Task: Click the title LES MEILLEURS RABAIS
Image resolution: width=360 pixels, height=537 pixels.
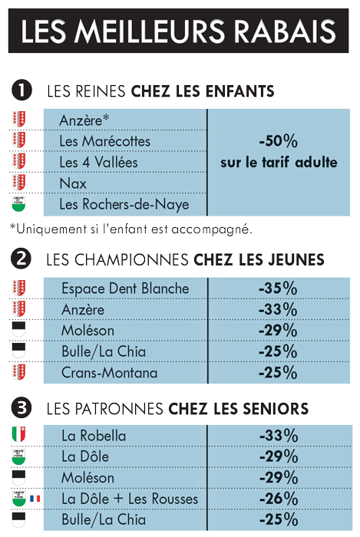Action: click(x=178, y=31)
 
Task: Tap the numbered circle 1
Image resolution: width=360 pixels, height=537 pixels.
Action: click(x=21, y=91)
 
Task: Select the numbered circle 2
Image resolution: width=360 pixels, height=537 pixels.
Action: click(x=21, y=259)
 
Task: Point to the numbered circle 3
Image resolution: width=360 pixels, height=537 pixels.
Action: click(x=21, y=408)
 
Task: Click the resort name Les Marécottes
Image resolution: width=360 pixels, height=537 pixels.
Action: click(x=105, y=141)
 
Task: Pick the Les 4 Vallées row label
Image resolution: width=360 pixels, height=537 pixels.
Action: click(x=98, y=162)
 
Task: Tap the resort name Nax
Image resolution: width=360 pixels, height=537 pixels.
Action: click(x=73, y=183)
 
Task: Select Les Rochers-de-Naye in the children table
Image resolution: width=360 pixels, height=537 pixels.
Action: click(x=124, y=205)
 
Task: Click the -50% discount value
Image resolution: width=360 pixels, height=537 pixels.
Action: click(x=278, y=140)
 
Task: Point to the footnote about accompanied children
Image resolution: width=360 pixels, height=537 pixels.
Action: click(x=131, y=229)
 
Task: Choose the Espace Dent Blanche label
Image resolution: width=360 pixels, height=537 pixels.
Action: click(x=125, y=288)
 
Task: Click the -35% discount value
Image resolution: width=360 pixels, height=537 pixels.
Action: click(x=278, y=288)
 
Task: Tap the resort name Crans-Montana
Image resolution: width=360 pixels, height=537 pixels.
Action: click(x=109, y=373)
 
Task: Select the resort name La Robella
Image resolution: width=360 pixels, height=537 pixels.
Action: click(x=94, y=436)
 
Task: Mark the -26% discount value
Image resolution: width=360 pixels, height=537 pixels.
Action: click(x=279, y=499)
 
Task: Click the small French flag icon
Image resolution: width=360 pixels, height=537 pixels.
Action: click(x=35, y=499)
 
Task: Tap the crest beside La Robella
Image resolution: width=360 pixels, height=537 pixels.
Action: click(x=19, y=434)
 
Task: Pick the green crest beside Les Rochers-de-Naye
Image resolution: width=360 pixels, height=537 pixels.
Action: click(x=18, y=204)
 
